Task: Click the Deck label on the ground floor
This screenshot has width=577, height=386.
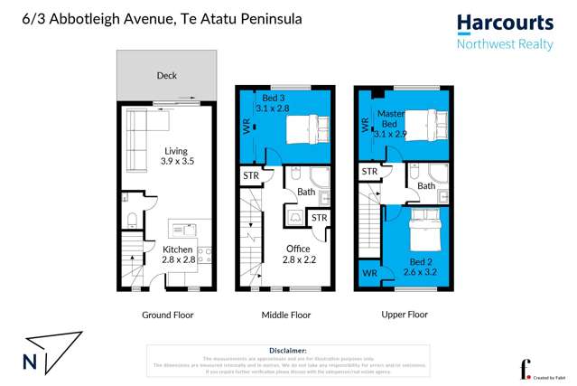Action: click(x=166, y=76)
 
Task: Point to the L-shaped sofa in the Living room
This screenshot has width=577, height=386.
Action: click(x=135, y=140)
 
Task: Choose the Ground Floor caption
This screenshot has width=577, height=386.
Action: click(x=167, y=315)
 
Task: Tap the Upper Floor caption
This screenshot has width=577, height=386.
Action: click(x=403, y=315)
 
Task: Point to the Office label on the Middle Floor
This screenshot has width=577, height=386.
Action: click(x=298, y=249)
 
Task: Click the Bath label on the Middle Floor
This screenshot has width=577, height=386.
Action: click(x=306, y=191)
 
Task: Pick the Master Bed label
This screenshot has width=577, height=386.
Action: click(x=389, y=118)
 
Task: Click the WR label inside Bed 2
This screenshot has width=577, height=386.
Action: click(x=368, y=271)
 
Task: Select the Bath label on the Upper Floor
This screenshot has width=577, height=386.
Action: click(x=426, y=185)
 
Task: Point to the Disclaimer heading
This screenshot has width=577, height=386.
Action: click(x=288, y=349)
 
